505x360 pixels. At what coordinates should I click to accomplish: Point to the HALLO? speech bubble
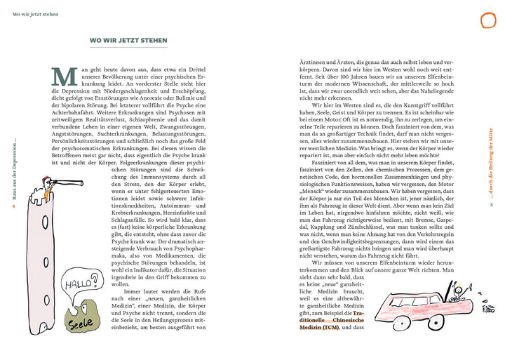coord(77,285)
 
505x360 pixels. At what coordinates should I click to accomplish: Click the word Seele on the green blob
coord(80,325)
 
